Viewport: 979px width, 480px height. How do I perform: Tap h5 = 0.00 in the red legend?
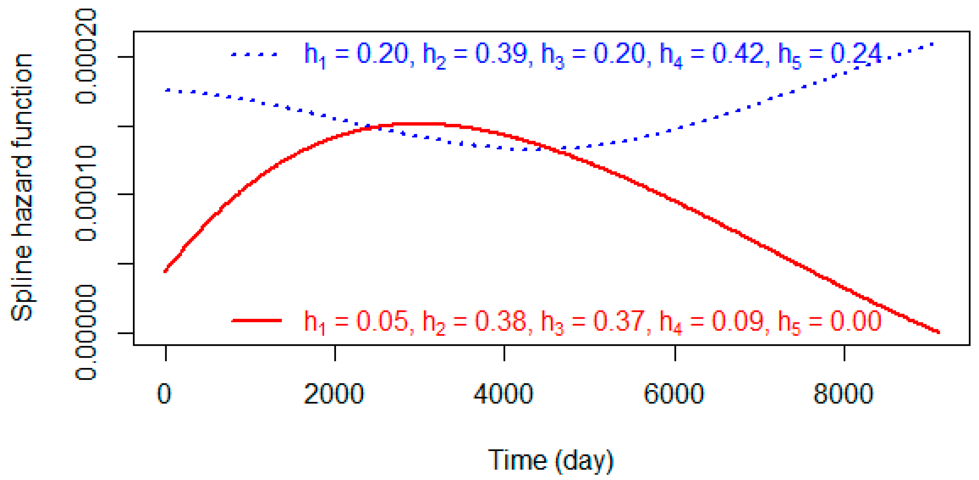point(829,321)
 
